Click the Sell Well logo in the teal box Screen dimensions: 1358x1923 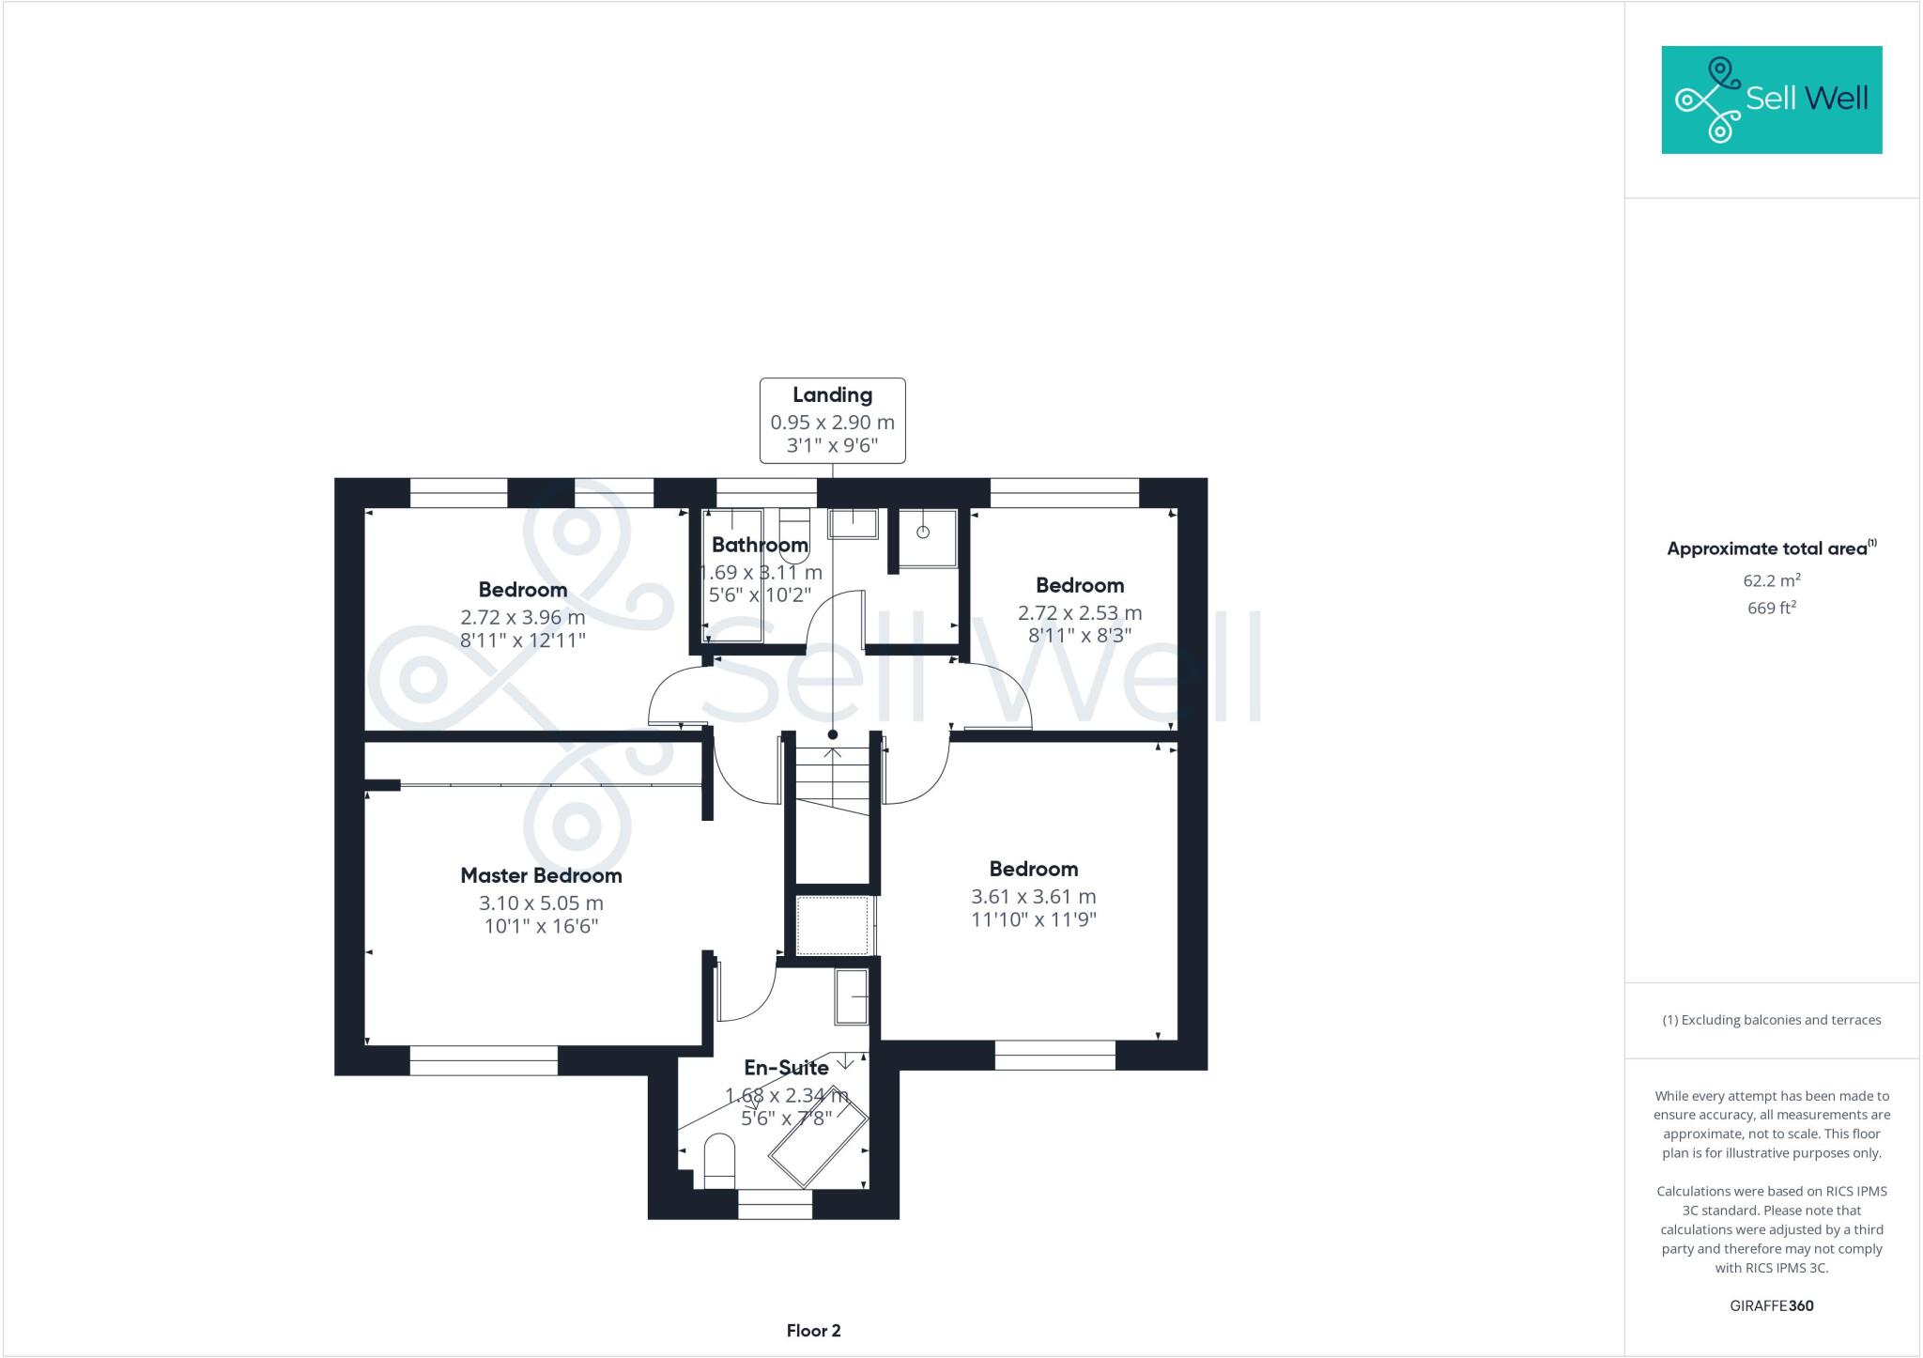(1771, 100)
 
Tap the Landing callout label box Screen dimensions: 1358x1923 (832, 420)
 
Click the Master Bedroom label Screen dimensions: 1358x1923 (541, 875)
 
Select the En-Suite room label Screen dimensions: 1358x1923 (786, 1068)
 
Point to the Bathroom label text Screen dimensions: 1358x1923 (759, 545)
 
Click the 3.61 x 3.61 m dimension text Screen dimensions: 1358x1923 (1033, 897)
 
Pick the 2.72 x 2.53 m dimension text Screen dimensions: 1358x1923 (1080, 613)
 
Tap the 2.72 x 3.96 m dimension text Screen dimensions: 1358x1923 (522, 618)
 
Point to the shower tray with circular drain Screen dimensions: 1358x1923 (926, 537)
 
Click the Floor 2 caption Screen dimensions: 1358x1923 (813, 1331)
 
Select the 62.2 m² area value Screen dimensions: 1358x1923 (1771, 580)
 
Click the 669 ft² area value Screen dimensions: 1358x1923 (1771, 608)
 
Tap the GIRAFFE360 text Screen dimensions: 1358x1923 (1771, 1305)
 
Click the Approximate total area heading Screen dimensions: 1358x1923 (1771, 548)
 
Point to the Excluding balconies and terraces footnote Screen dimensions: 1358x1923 (1771, 1020)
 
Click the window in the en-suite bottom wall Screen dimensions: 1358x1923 (775, 1204)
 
